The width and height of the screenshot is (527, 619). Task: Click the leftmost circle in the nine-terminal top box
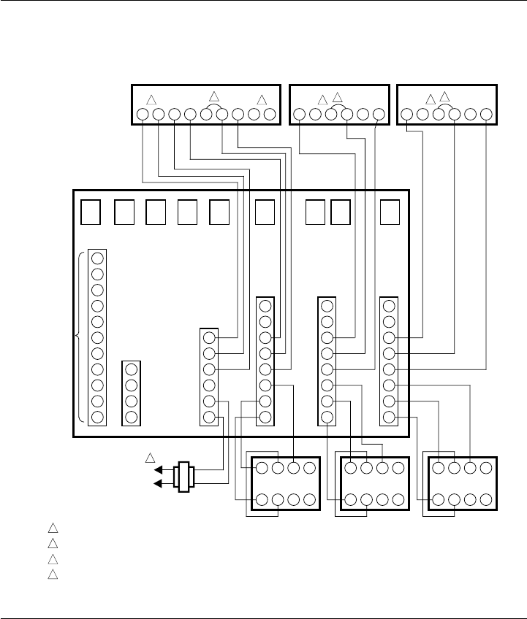tap(142, 114)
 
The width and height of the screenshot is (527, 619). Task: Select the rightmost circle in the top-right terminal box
tap(486, 114)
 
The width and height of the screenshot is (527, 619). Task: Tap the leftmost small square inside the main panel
tap(90, 212)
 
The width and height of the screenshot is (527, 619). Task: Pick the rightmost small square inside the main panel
tap(390, 212)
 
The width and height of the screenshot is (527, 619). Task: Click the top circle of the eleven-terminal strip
tap(97, 258)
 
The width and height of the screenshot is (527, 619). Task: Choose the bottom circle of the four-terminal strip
tap(132, 417)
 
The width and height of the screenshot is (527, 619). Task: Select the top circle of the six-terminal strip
tap(209, 338)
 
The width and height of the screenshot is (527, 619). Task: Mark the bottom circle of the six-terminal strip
tap(209, 418)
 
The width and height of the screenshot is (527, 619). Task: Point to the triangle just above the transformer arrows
tap(150, 458)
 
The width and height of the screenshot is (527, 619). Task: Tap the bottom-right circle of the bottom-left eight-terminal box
tap(310, 501)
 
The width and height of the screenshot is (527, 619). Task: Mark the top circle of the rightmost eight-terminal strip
tap(389, 306)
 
